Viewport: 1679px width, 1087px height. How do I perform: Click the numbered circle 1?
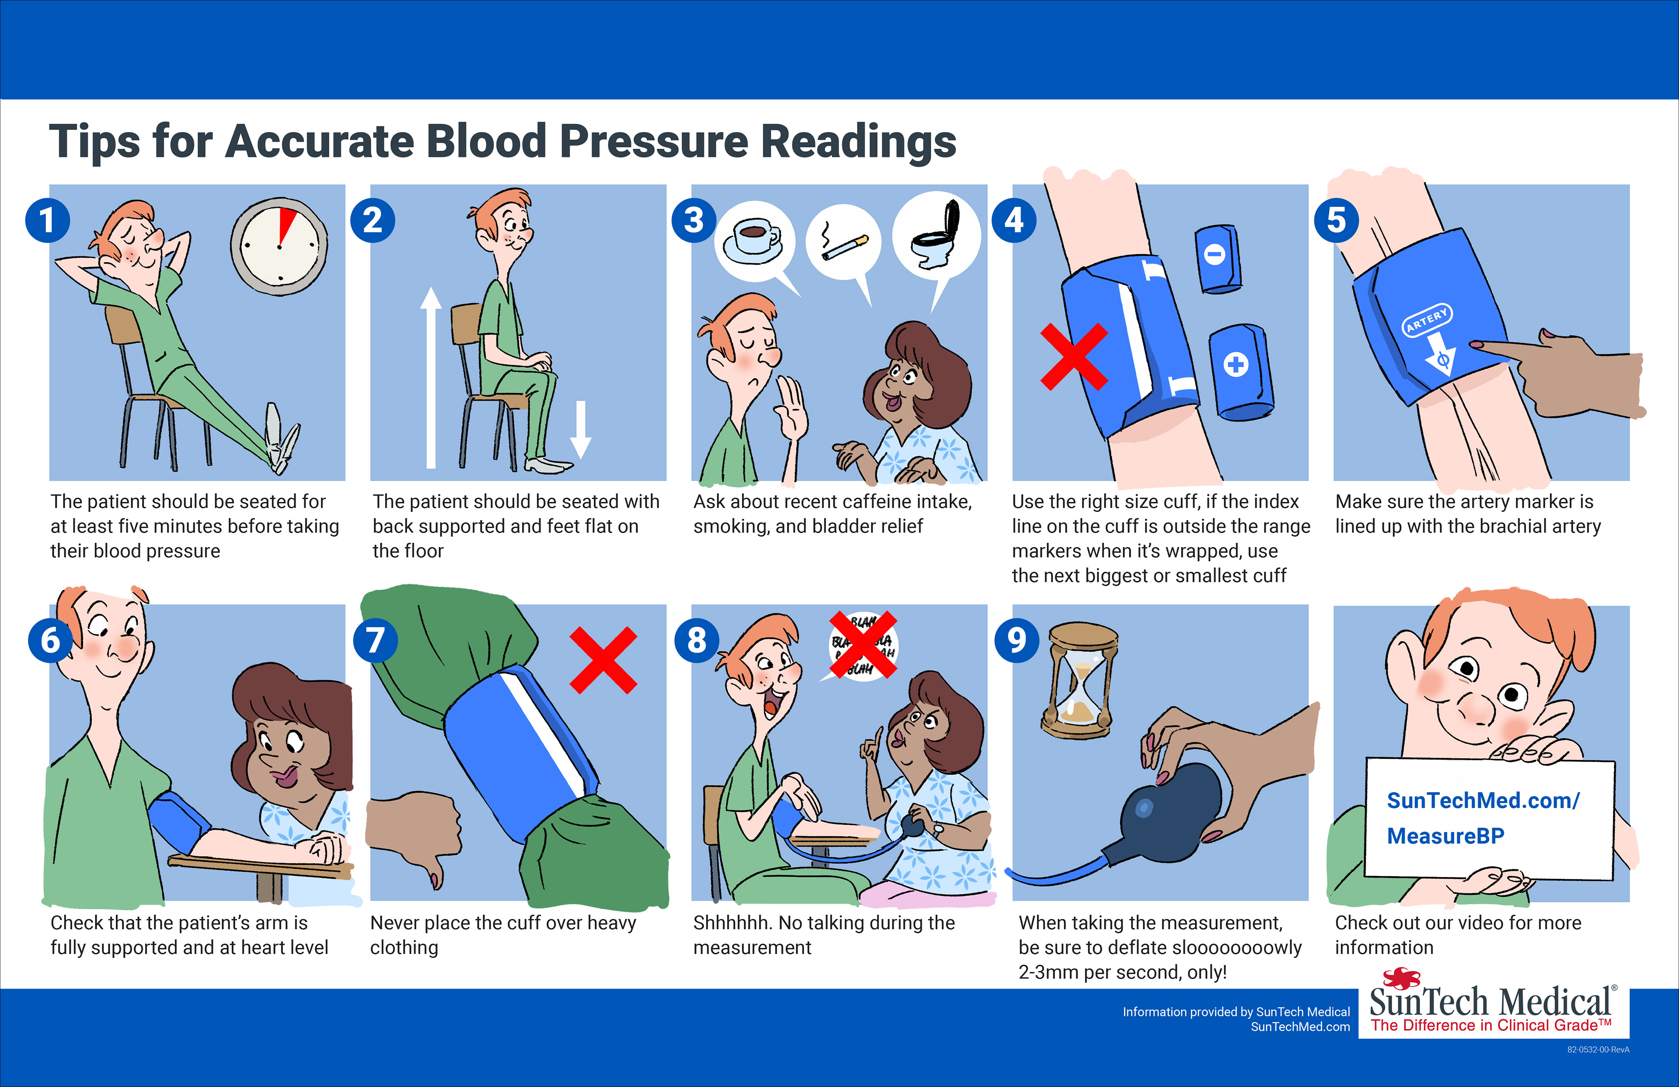(x=47, y=220)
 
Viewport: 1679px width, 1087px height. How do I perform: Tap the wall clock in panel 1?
(x=279, y=246)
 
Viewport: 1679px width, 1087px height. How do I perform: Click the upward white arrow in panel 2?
(x=431, y=377)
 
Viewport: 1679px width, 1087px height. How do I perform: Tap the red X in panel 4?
(x=1074, y=357)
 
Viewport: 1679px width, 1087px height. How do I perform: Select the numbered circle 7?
(x=375, y=640)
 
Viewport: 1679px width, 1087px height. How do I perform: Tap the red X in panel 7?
(x=603, y=660)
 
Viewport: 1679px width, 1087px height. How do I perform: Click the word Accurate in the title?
(x=319, y=141)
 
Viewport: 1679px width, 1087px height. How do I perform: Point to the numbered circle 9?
(x=1017, y=640)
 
